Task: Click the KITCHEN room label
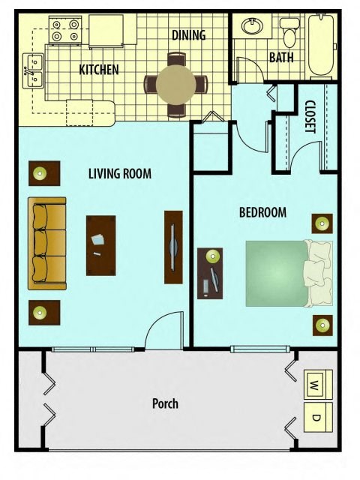[x=99, y=70]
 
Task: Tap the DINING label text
[x=188, y=35]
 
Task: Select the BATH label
[x=281, y=57]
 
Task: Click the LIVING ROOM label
[x=120, y=174]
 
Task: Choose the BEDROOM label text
[x=262, y=212]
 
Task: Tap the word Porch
[x=165, y=403]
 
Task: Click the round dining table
[x=177, y=85]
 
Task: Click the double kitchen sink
[x=33, y=67]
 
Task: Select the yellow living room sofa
[x=47, y=243]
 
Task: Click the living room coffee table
[x=100, y=245]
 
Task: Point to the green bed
[x=281, y=273]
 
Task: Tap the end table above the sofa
[x=43, y=173]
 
